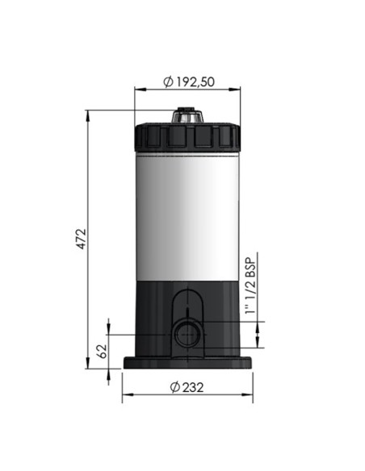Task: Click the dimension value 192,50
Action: click(197, 81)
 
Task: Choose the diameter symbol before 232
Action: click(174, 386)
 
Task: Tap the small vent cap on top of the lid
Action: click(187, 116)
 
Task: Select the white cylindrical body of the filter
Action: click(187, 214)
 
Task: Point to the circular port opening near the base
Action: click(184, 333)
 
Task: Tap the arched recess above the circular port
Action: click(187, 300)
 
